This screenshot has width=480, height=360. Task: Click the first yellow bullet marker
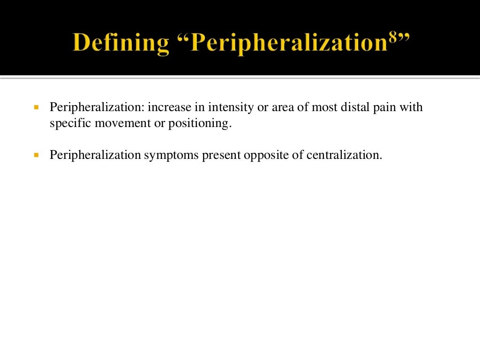36,107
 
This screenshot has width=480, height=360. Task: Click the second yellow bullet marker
36,155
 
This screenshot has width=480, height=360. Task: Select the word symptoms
172,155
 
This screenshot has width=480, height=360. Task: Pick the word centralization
345,155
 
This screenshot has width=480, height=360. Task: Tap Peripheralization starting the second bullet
95,155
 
